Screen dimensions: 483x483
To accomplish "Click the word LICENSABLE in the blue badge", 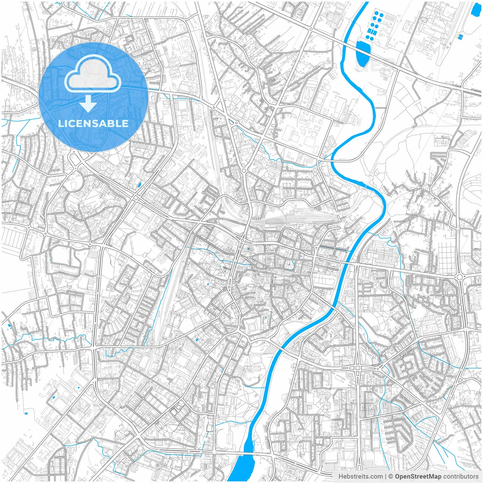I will click(x=93, y=123).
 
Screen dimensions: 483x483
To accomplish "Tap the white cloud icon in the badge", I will click(x=93, y=73).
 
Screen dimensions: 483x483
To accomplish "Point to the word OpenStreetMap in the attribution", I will click(x=418, y=477).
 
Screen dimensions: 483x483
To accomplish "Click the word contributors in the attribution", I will click(x=461, y=477).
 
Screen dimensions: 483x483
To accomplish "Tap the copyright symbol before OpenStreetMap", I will click(x=391, y=477).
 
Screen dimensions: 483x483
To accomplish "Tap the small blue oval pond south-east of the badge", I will click(x=139, y=185).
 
